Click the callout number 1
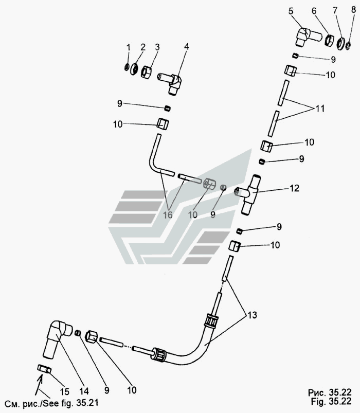coord(128,48)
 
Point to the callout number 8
coord(352,10)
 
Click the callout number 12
coord(294,189)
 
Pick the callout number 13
coord(253,314)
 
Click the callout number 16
coord(168,215)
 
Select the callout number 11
coord(320,109)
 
